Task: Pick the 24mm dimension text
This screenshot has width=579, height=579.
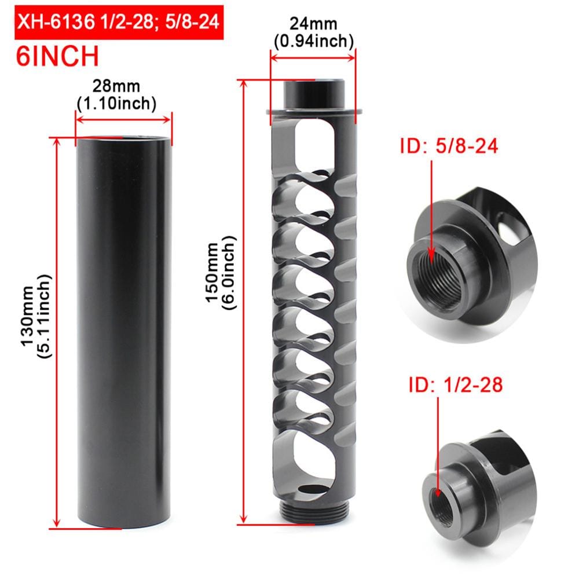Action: pos(313,25)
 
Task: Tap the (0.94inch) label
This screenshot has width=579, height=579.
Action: pos(313,41)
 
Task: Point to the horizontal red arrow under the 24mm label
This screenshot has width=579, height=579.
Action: pos(313,57)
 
